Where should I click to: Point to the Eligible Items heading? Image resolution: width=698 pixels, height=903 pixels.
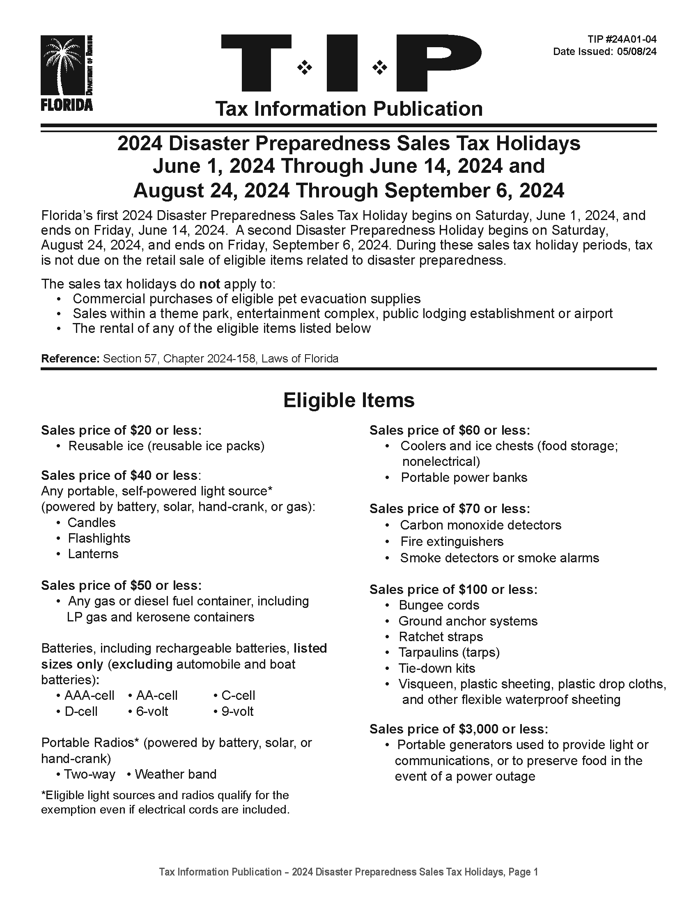(x=349, y=400)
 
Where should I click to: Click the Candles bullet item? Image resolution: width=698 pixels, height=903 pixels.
(x=92, y=523)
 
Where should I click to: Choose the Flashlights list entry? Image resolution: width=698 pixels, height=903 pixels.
(x=99, y=539)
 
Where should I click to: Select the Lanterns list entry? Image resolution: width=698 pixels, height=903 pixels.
(x=93, y=554)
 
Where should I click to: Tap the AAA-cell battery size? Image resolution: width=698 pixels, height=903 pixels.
(x=89, y=695)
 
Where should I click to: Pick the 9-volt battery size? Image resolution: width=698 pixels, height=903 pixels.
(x=237, y=712)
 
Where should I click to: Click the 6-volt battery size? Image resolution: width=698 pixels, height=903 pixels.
(x=152, y=712)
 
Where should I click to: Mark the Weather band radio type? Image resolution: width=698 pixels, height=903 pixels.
(x=175, y=774)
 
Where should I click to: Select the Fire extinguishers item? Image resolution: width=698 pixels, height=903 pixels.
(x=452, y=542)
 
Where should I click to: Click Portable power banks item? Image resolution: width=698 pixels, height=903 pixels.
(x=464, y=477)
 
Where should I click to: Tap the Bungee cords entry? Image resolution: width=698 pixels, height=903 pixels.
(x=439, y=605)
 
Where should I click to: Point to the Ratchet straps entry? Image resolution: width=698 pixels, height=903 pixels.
(x=441, y=637)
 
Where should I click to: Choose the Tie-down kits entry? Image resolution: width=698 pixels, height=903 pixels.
(x=437, y=669)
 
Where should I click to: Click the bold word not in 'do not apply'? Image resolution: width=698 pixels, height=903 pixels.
(x=209, y=284)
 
